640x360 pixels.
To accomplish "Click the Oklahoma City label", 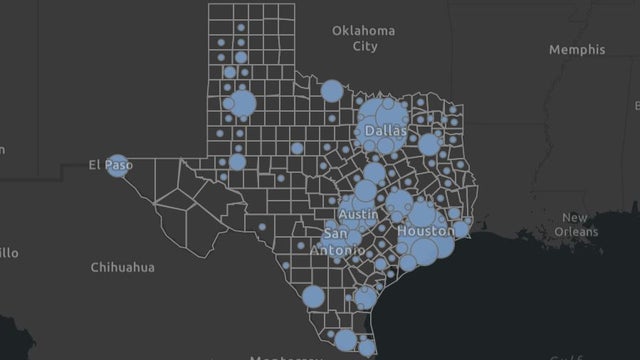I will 365,38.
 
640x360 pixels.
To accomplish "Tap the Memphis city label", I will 577,49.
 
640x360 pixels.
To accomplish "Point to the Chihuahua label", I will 122,267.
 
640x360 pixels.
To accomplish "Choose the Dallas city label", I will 385,131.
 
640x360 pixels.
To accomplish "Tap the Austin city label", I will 358,215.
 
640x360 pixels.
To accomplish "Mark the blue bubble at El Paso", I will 118,166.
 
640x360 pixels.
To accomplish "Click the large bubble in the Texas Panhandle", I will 243,103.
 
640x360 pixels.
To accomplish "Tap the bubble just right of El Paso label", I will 118,166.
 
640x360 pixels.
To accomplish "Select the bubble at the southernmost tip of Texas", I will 367,347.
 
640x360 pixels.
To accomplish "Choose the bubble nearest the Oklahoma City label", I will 332,91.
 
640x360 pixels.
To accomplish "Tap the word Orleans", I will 579,231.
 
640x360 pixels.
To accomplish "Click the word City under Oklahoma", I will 365,46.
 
